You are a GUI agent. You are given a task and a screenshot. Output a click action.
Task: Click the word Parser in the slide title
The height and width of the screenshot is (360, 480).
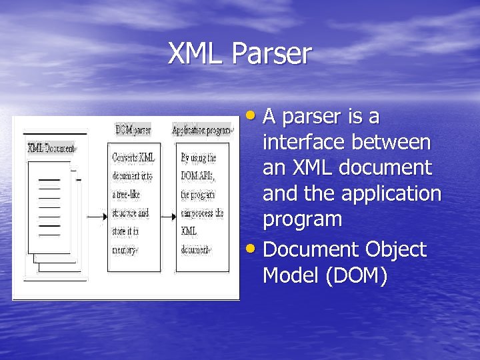(271, 54)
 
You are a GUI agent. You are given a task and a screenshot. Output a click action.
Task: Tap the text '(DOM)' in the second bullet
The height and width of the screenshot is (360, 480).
(355, 275)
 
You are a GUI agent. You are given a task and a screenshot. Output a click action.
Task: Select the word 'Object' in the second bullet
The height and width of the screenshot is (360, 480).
(395, 249)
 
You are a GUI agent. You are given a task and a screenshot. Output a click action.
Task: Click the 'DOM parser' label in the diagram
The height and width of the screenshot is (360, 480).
(133, 129)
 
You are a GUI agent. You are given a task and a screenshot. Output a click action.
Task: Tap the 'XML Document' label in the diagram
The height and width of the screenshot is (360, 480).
(51, 147)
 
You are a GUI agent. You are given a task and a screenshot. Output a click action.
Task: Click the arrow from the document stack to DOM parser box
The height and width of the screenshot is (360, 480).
(96, 216)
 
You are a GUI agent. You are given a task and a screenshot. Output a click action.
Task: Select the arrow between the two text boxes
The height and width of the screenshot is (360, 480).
(168, 216)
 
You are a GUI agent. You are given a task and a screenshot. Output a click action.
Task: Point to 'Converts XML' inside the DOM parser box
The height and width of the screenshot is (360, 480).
(133, 158)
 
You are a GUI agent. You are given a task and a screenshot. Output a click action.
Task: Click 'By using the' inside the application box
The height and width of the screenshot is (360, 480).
(198, 158)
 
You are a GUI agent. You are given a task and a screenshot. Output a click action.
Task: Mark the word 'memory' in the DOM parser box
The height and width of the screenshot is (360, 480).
(125, 251)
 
